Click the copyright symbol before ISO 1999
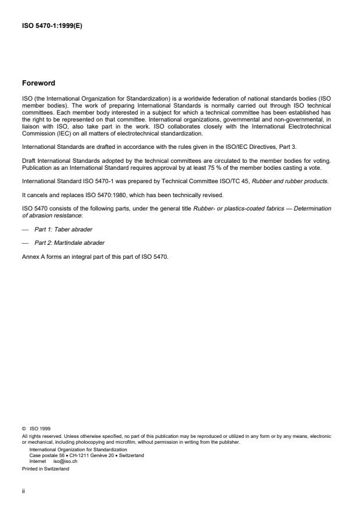pyautogui.click(x=23, y=429)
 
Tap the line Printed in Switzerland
pyautogui.click(x=45, y=468)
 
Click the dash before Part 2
pyautogui.click(x=25, y=242)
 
